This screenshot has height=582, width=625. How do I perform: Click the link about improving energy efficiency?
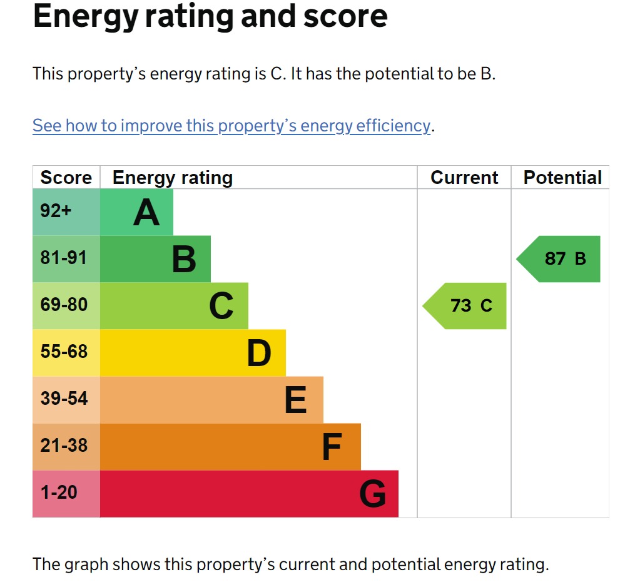231,126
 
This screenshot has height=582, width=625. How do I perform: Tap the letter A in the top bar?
146,213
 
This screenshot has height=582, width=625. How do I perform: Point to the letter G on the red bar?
372,494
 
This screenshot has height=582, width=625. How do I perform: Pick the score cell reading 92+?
56,211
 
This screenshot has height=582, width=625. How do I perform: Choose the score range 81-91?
64,258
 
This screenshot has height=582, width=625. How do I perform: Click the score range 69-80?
64,305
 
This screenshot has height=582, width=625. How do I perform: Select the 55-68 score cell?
64,352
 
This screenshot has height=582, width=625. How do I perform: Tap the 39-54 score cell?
64,399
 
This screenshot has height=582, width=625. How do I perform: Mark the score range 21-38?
64,446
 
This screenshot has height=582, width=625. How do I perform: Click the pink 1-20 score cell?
59,493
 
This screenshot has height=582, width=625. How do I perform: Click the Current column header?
464,178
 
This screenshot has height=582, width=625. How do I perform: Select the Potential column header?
562,178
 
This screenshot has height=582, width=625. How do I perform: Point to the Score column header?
66,178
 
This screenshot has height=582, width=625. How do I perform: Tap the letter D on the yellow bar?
258,354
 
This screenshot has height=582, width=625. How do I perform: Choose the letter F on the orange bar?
332,447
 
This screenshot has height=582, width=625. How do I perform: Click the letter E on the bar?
295,401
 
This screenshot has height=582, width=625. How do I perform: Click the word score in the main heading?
345,17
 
